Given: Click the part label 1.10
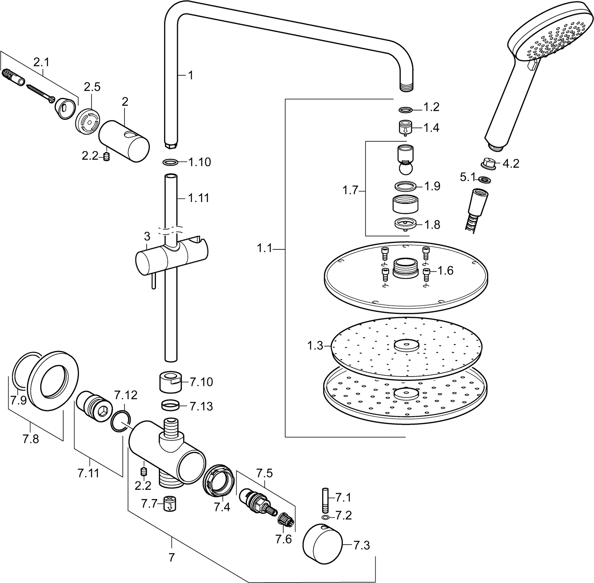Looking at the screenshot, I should tap(199, 162).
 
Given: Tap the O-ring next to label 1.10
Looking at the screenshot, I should tap(170, 162).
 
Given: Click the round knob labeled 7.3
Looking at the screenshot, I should tap(322, 545).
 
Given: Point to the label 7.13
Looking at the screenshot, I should tap(201, 406).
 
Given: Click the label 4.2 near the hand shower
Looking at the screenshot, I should tap(511, 164).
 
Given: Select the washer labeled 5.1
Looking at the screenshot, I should tap(483, 180).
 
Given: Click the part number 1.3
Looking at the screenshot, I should tap(315, 346).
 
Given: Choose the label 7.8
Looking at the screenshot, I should tap(31, 439).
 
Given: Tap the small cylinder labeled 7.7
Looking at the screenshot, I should tap(170, 504).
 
